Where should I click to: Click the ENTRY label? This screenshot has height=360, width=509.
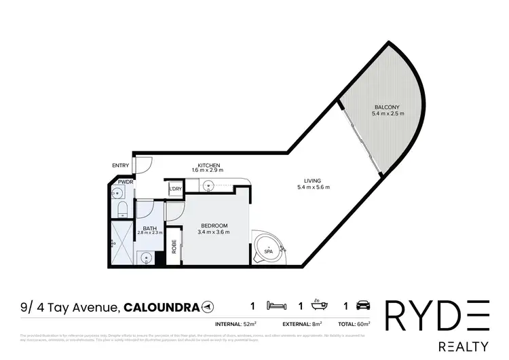click(x=120, y=165)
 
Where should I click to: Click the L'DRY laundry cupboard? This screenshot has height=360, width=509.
click(x=175, y=188)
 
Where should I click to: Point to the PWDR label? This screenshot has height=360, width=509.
click(x=125, y=182)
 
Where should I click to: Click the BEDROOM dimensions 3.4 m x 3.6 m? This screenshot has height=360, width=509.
click(x=214, y=232)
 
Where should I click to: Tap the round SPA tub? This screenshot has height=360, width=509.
click(x=268, y=248)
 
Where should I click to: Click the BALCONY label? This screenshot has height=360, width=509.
click(x=388, y=107)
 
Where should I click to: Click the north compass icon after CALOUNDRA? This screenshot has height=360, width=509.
click(x=207, y=308)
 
